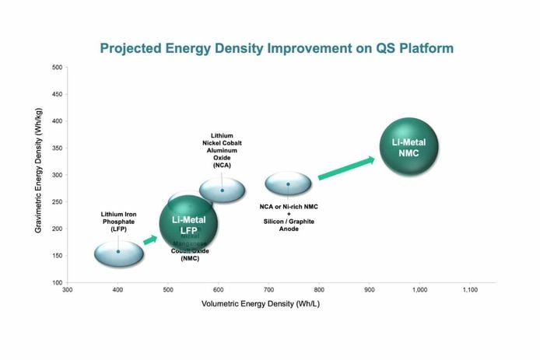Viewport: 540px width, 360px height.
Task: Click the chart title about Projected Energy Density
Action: coord(276,48)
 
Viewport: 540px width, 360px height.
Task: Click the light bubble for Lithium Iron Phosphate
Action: coord(119,253)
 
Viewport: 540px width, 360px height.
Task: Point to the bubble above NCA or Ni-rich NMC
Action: coord(288,184)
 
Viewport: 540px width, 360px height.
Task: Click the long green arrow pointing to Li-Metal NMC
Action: coord(345,168)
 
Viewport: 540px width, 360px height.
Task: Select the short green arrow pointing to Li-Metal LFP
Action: coord(151,239)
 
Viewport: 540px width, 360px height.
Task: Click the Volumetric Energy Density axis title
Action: coord(261,302)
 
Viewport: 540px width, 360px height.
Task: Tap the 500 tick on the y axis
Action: coord(57,67)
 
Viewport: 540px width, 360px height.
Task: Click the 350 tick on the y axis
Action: coord(57,148)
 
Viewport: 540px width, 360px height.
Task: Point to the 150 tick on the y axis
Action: coord(57,256)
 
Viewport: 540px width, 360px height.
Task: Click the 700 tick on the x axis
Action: coord(268,290)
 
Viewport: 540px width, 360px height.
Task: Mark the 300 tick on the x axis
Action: coord(68,290)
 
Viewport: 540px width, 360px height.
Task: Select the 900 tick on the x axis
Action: coord(369,290)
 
